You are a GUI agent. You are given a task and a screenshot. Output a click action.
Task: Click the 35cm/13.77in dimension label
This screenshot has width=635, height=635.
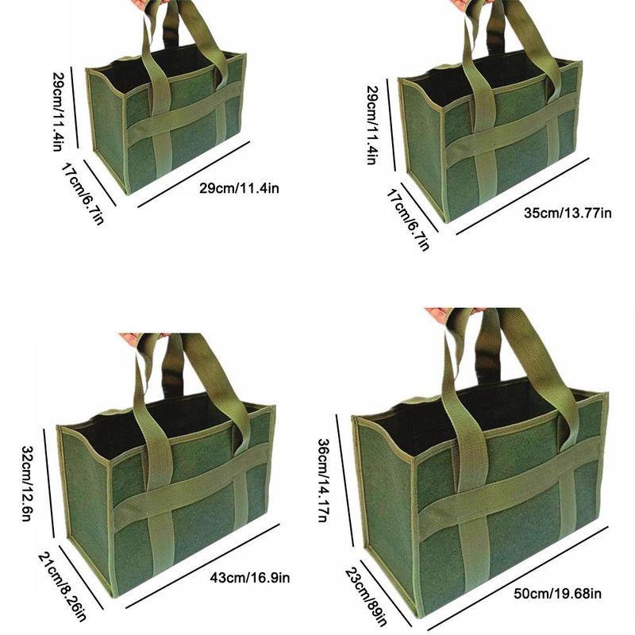568,213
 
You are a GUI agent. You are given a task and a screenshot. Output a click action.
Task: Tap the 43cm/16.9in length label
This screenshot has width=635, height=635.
249,578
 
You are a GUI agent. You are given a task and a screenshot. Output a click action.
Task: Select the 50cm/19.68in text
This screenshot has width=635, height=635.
557,594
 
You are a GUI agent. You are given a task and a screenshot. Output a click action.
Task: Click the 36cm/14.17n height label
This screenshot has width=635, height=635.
323,480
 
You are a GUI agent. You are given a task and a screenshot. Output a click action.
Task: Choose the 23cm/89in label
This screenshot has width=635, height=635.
366,597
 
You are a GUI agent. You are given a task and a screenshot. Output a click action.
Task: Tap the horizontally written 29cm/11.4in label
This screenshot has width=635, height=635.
239,188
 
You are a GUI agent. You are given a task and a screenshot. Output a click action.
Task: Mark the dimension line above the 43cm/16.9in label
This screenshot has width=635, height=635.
202,566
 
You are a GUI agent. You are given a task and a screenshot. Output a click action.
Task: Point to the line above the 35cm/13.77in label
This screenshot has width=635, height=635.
522,196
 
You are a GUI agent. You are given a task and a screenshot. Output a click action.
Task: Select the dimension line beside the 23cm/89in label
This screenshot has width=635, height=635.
386,593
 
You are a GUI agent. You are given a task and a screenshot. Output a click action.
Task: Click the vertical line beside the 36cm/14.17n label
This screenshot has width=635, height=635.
344,480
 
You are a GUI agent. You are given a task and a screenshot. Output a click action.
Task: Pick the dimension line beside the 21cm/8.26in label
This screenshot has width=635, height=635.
81,577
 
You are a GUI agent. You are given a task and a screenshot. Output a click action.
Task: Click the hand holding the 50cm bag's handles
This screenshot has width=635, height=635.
441,314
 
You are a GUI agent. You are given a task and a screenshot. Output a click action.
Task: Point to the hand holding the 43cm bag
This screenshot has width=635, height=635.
136,341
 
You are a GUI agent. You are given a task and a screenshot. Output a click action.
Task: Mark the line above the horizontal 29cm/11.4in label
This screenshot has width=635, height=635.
194,174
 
